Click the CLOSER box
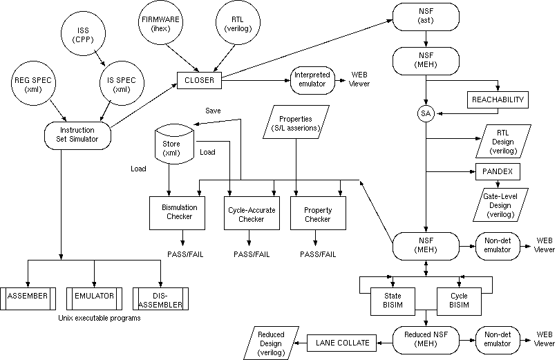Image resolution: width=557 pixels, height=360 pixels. click(199, 80)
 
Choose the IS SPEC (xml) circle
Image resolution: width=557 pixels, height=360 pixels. click(121, 84)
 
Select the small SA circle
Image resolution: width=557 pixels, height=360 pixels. click(426, 113)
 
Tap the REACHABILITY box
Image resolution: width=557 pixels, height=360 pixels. click(498, 100)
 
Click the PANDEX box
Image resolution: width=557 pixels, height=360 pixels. click(498, 171)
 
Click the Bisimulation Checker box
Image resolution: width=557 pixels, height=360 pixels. click(179, 213)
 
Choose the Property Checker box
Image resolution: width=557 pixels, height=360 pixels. click(317, 213)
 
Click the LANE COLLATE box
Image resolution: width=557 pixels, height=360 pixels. click(343, 342)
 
